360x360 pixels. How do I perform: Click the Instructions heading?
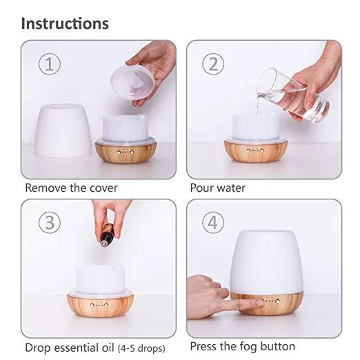[x=65, y=23]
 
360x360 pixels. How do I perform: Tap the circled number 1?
[x=50, y=63]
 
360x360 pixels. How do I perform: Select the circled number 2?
[x=213, y=63]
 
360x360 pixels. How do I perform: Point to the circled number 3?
[x=50, y=223]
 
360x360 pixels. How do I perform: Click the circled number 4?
[x=213, y=223]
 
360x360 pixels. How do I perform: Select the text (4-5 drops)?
[x=141, y=348]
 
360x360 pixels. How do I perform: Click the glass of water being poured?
[x=293, y=95]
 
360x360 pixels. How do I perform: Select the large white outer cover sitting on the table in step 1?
[x=63, y=130]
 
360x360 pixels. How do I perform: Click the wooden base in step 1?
[x=126, y=152]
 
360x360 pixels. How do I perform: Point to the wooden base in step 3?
[x=100, y=306]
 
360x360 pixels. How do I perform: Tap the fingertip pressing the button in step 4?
[x=261, y=302]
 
